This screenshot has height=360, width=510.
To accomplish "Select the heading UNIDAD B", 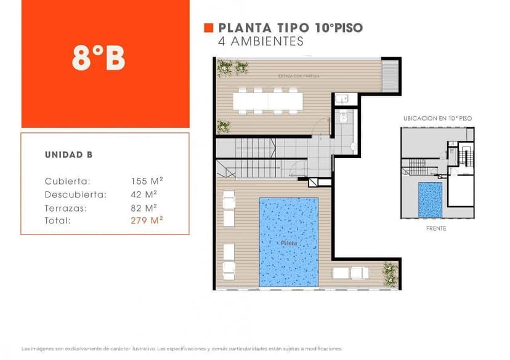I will (68, 155).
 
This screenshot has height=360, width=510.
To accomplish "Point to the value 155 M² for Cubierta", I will (147, 181).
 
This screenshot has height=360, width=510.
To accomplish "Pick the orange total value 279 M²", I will (147, 220).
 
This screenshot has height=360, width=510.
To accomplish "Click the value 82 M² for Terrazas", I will (144, 207).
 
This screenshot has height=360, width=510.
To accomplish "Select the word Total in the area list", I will (58, 220).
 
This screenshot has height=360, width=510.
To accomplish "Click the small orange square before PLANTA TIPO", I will (208, 28).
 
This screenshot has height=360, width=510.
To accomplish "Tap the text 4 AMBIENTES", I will (261, 42).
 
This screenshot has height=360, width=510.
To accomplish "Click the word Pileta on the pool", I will (289, 243).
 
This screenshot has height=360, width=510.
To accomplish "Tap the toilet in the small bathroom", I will (344, 116).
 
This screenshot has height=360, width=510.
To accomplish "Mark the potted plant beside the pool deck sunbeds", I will (390, 273).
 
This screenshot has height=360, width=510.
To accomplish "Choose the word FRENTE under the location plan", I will (435, 228).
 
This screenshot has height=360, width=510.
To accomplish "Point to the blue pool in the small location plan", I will (430, 199).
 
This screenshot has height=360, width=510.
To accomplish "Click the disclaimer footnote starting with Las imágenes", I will (181, 348).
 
